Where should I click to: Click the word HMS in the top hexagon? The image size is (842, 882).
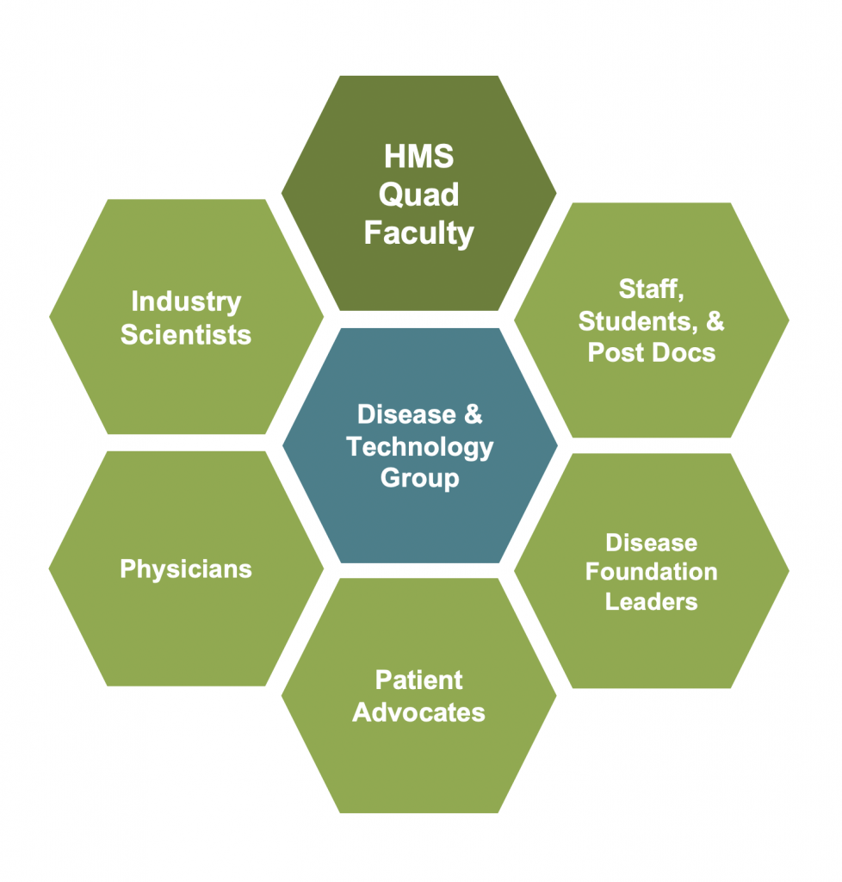(x=418, y=156)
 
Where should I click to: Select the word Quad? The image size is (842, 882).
(x=418, y=196)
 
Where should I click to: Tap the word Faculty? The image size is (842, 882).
(x=418, y=233)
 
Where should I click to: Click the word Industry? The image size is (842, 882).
(x=186, y=302)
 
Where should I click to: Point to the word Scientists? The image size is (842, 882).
(x=186, y=335)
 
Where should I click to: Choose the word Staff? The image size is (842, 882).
(x=651, y=289)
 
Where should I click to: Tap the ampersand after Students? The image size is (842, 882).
(x=715, y=320)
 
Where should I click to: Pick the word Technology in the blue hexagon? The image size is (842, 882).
(x=420, y=447)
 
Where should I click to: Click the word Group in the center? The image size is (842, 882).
(x=420, y=479)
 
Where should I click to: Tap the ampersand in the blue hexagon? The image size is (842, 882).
(x=474, y=414)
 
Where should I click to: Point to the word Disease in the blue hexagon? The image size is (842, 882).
(x=407, y=414)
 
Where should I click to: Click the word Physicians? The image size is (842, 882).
(x=186, y=569)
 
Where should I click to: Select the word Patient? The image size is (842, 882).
(x=418, y=680)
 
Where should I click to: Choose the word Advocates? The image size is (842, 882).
(x=418, y=712)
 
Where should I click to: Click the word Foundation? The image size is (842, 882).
(x=652, y=572)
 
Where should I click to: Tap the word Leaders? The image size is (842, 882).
(x=652, y=602)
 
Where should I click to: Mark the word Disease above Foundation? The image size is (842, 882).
(x=652, y=543)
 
